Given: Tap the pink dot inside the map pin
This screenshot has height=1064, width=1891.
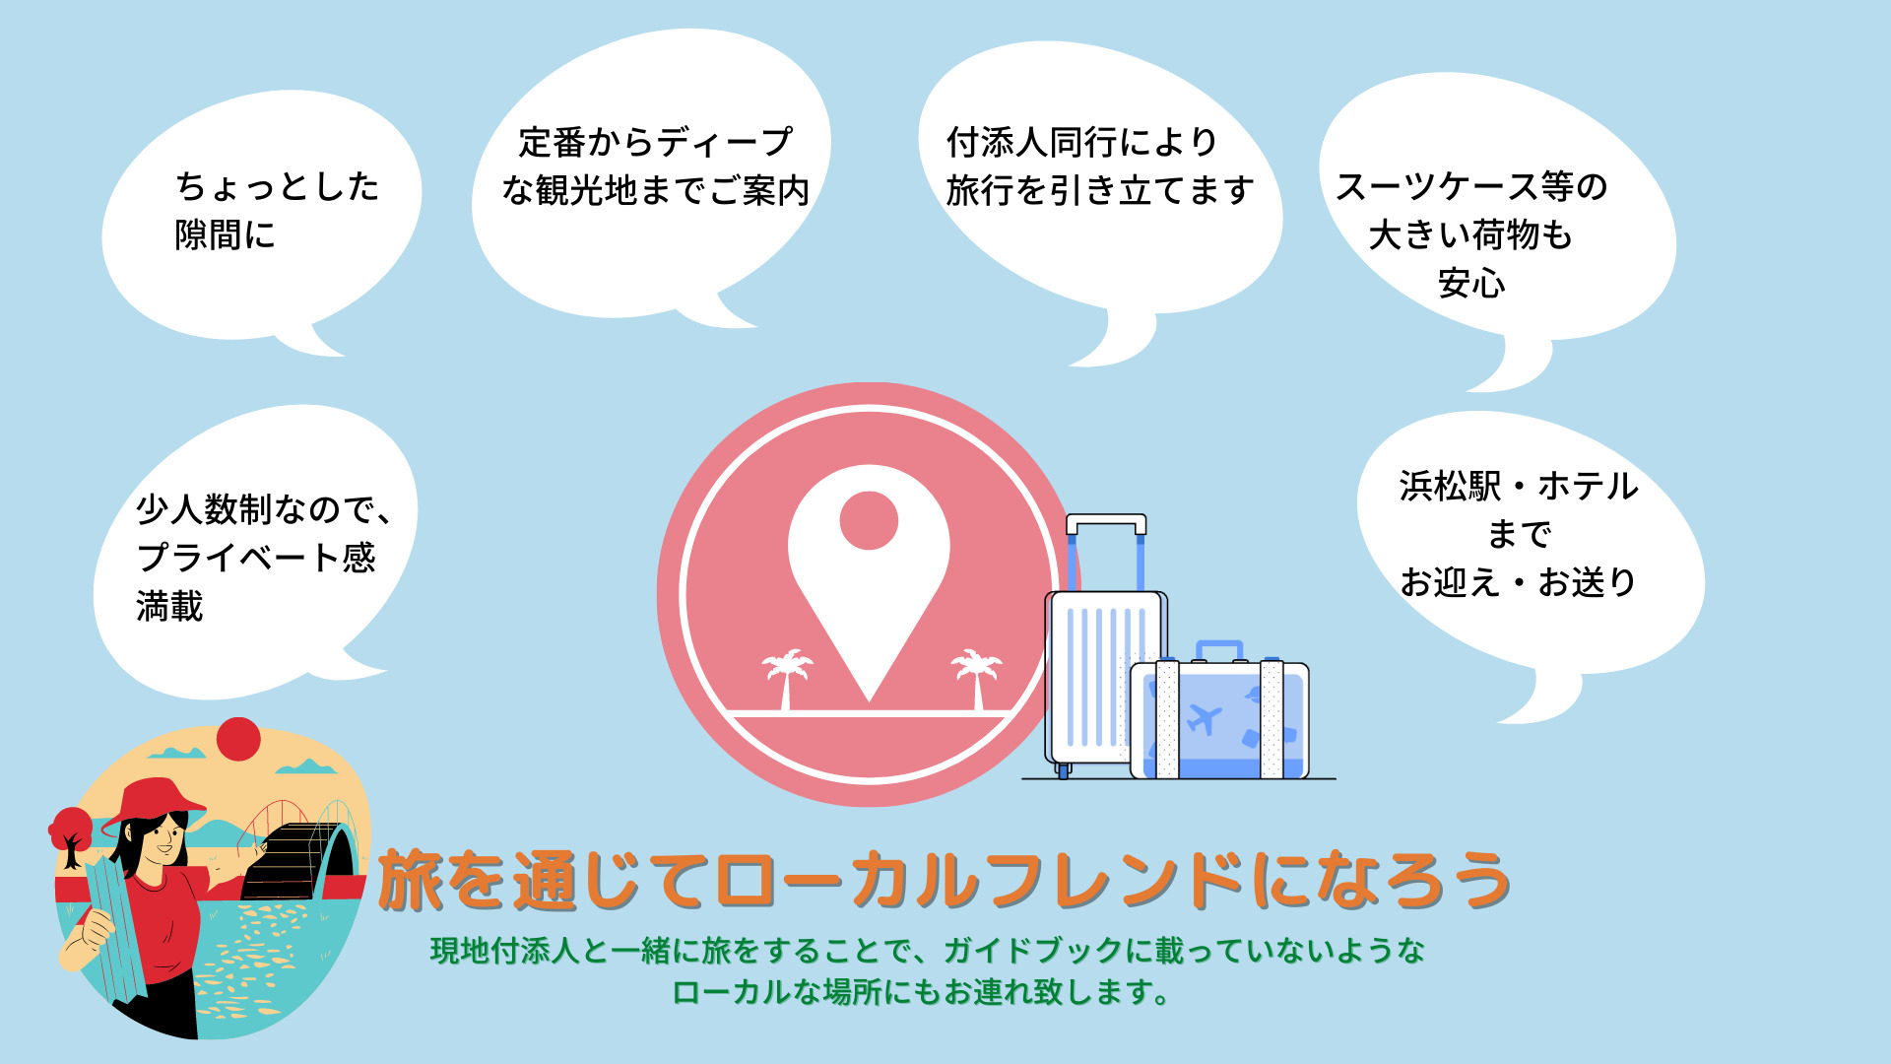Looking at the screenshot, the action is tap(869, 520).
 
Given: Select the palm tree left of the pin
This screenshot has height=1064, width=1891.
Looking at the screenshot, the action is tap(787, 678).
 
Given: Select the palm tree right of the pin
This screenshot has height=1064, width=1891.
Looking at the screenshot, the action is tap(976, 678).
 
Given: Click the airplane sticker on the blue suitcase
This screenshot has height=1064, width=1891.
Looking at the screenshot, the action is tap(1204, 719).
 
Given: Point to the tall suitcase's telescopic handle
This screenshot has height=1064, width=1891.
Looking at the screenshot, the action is tap(1106, 552).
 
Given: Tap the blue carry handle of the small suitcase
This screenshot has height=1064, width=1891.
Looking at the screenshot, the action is tap(1219, 650).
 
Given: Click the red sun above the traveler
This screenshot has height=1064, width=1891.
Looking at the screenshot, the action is tap(238, 739).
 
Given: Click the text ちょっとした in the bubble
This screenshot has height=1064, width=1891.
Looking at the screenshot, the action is tap(278, 186).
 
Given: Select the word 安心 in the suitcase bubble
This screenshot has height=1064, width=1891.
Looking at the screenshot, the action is tap(1471, 284).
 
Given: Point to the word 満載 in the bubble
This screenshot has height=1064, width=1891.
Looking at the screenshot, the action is tap(169, 606).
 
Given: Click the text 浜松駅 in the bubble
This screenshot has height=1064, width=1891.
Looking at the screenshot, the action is tap(1451, 486).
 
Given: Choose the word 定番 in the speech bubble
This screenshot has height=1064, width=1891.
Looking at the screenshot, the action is tap(553, 142).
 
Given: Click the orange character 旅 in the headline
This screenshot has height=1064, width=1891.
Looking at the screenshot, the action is tap(412, 880).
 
